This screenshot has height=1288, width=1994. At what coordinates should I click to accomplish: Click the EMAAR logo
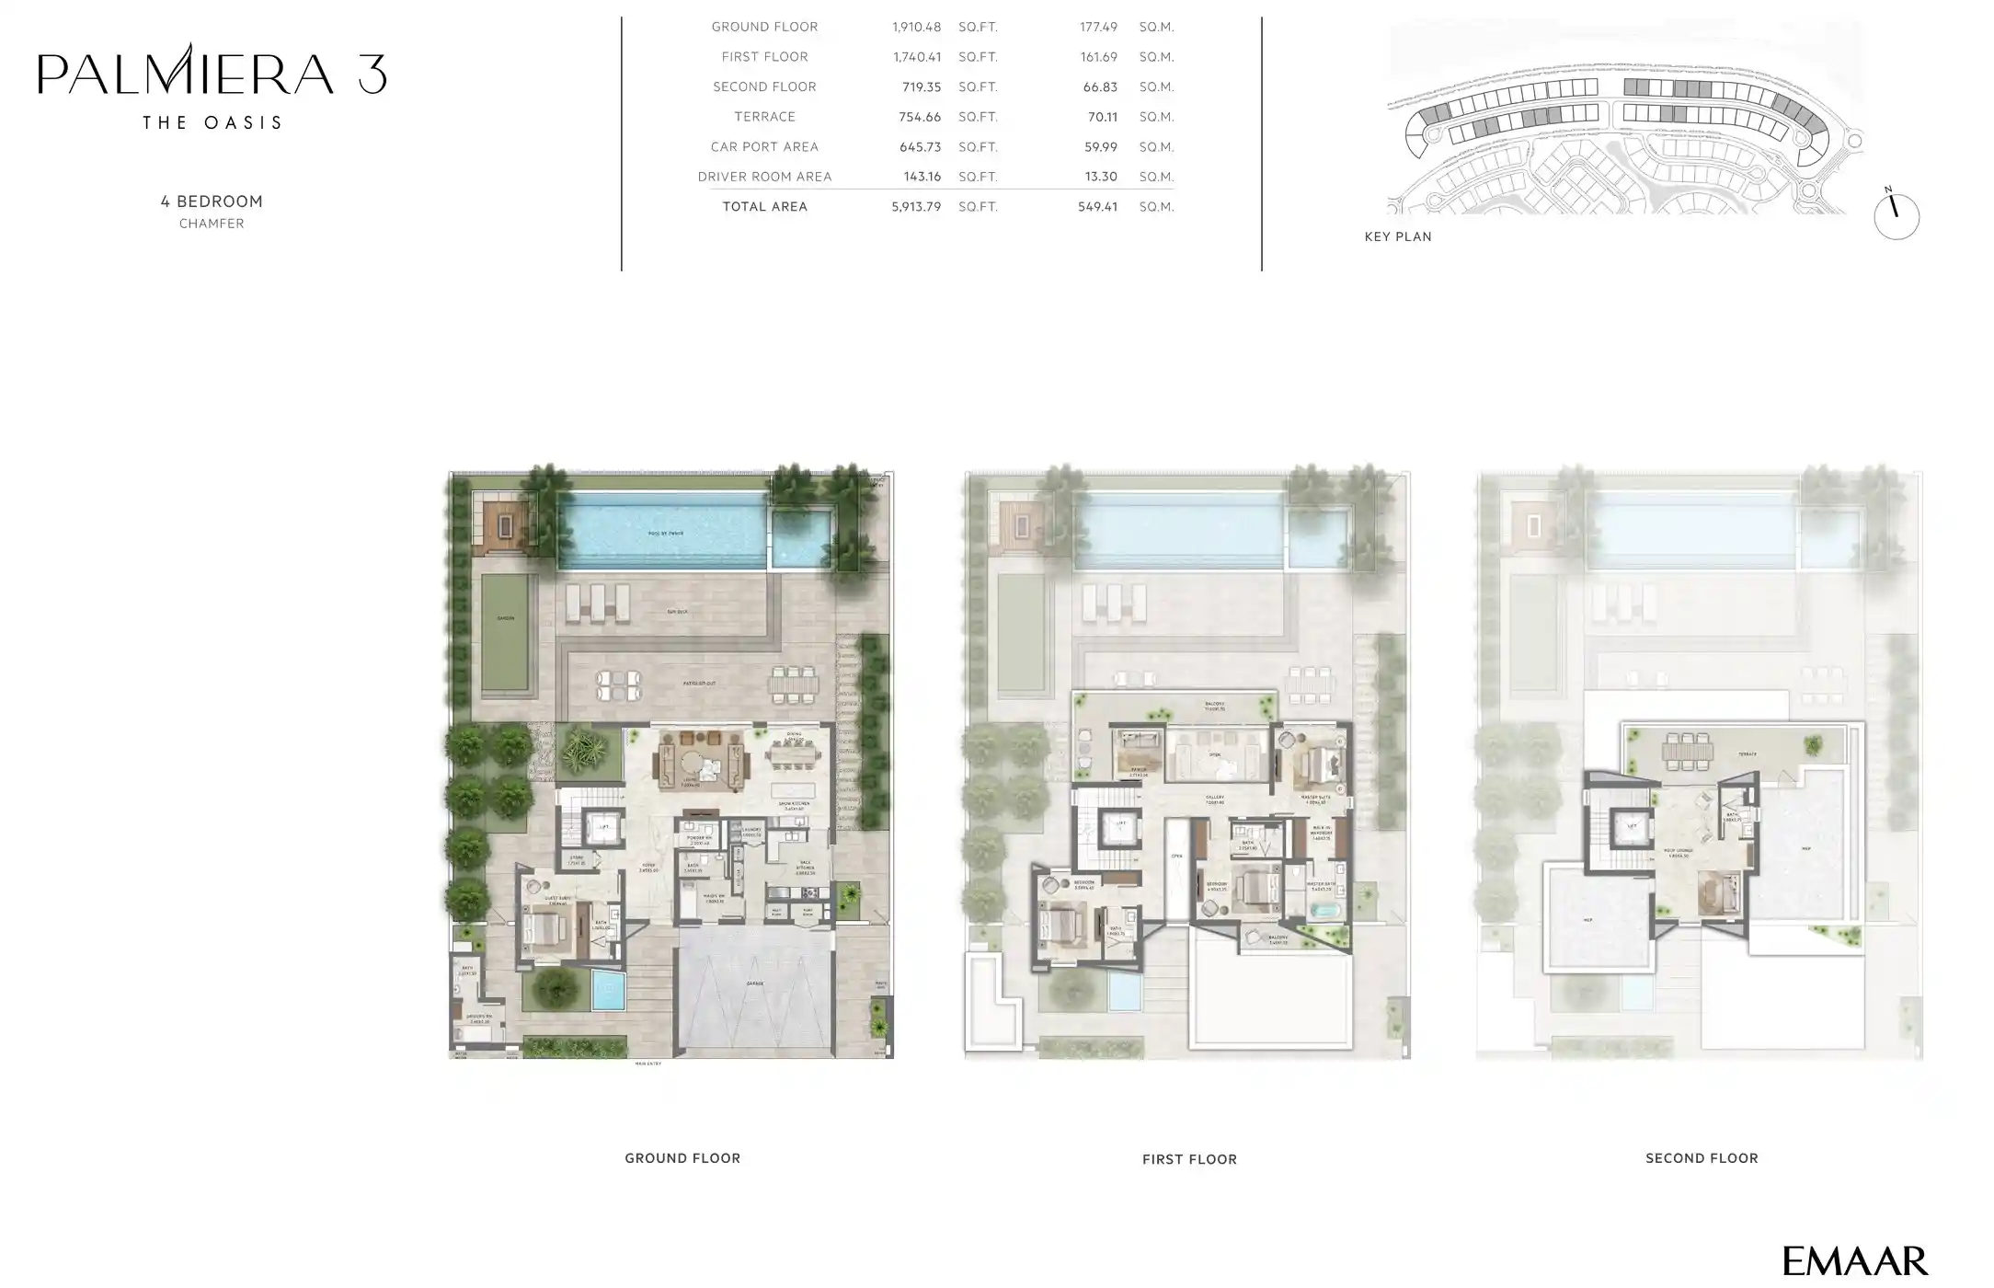click(x=1854, y=1260)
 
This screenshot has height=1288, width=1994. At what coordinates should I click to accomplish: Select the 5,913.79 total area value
click(x=915, y=207)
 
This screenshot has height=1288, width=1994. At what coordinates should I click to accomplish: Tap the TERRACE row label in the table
click(x=764, y=117)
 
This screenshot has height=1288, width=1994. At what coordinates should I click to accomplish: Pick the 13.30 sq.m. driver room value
click(x=1101, y=177)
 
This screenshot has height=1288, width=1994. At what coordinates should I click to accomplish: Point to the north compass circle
click(x=1896, y=217)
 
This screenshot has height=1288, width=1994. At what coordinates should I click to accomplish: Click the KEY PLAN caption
click(x=1397, y=236)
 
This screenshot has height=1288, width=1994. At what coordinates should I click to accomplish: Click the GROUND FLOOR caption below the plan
click(x=682, y=1158)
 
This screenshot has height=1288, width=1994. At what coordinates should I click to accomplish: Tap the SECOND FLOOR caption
click(x=1701, y=1158)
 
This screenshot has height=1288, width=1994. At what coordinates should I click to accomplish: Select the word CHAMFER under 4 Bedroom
click(x=212, y=224)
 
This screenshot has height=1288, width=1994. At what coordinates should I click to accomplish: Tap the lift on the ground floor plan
click(x=604, y=828)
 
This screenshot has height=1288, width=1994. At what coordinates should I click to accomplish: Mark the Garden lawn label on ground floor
click(x=506, y=618)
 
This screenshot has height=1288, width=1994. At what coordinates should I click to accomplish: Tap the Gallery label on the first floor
click(x=1214, y=799)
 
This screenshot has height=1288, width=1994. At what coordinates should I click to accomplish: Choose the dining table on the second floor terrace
click(x=1686, y=751)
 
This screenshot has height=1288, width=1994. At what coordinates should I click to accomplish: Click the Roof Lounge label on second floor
click(x=1677, y=854)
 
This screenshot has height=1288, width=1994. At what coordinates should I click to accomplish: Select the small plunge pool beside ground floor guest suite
click(x=607, y=992)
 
